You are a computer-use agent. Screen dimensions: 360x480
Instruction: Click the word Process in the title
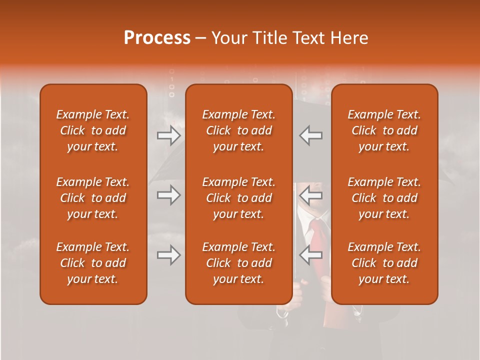157,38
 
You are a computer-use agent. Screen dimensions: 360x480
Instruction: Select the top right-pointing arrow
168,135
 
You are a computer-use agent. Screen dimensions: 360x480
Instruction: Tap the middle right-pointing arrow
168,195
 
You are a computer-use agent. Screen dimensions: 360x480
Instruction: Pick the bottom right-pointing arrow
168,255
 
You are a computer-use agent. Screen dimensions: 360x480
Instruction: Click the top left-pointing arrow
311,135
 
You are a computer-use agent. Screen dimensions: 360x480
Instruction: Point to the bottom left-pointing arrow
311,255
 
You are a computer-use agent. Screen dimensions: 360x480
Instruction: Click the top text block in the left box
93,130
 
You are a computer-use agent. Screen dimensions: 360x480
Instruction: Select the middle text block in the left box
93,198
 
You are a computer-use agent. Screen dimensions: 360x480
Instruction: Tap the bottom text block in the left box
93,263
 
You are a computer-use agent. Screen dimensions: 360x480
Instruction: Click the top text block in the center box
238,130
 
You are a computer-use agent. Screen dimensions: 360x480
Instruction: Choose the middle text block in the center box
238,198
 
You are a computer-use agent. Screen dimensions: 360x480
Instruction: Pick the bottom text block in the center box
238,263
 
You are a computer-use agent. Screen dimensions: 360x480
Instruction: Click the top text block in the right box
384,130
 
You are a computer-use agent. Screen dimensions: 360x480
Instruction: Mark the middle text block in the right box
384,198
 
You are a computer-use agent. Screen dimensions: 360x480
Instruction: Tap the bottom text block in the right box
384,263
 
